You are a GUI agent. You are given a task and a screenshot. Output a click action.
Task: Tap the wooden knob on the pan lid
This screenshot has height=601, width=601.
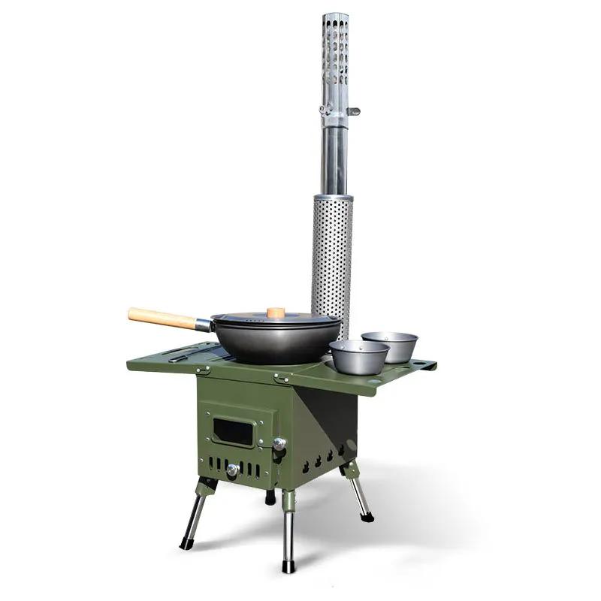pos(276,312)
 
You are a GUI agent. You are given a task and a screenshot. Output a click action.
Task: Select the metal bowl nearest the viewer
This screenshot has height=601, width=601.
pos(359,357)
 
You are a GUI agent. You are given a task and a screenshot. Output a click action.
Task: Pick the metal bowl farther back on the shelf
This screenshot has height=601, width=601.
pos(389,345)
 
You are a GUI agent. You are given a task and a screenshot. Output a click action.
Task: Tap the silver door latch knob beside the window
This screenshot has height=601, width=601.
pos(279,444)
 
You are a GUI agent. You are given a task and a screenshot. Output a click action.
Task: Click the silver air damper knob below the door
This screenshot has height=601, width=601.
pos(232,470)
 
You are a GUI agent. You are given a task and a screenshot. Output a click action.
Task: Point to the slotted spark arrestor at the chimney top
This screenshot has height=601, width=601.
pos(334,56)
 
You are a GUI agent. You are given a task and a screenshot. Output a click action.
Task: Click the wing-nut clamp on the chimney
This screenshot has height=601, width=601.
pos(338,111)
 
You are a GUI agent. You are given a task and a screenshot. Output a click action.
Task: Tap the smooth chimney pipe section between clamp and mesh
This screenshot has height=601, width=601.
pos(334,158)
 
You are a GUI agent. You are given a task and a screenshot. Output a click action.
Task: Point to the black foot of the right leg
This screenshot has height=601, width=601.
pos(368,517)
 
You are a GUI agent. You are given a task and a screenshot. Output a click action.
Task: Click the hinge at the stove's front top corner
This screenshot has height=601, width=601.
pos(282,378)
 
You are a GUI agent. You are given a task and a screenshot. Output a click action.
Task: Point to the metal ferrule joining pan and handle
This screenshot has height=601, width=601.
pos(203,325)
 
